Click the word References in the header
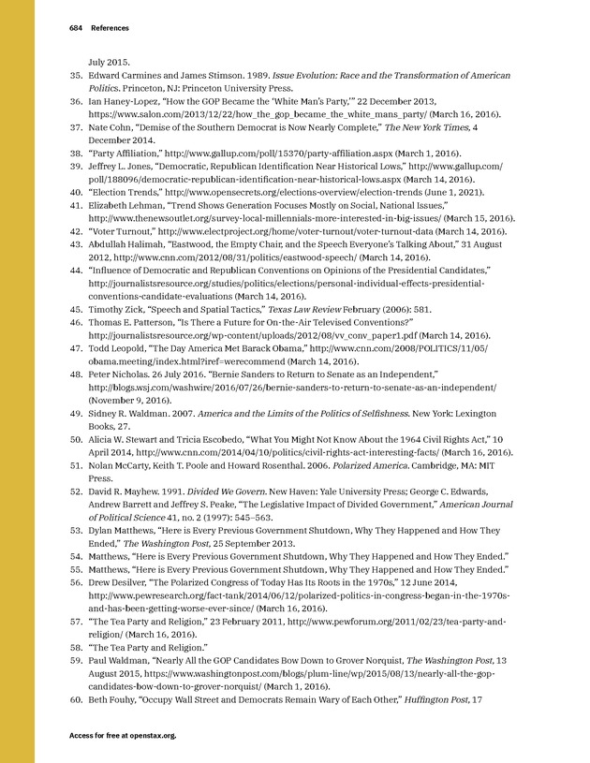110,28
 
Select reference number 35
77,75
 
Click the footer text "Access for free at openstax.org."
123,736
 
